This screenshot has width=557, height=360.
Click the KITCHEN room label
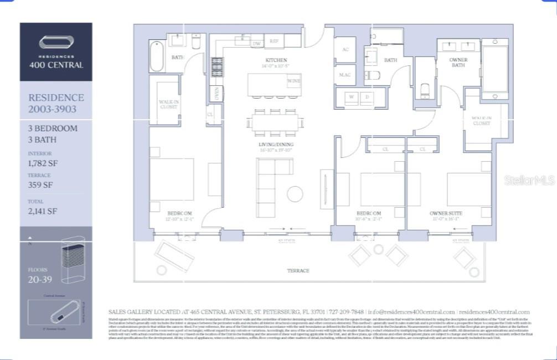click(x=276, y=60)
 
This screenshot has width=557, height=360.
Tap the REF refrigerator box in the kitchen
click(x=274, y=42)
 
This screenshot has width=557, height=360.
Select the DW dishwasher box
click(x=256, y=43)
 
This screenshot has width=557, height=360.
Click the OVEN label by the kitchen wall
click(x=216, y=93)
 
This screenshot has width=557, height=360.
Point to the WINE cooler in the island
click(x=293, y=81)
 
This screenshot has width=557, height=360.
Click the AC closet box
click(x=345, y=50)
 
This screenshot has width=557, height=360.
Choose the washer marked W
click(x=351, y=97)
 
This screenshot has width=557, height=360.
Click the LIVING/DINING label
click(x=275, y=145)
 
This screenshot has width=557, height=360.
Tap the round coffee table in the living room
click(x=295, y=193)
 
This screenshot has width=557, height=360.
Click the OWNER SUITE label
click(x=446, y=213)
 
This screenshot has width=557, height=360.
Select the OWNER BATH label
click(x=458, y=63)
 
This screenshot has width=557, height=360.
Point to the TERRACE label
click(x=298, y=271)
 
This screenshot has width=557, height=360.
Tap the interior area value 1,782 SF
click(x=43, y=163)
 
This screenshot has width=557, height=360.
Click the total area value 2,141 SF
click(x=43, y=211)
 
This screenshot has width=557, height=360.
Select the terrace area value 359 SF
click(x=40, y=185)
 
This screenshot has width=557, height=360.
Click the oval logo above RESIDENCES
click(x=56, y=43)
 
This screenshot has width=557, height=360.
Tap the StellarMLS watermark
click(x=529, y=181)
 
